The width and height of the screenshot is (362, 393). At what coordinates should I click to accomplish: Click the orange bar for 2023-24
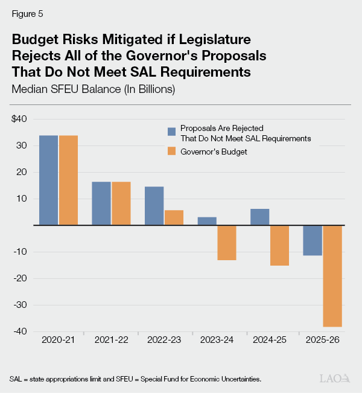coord(226,243)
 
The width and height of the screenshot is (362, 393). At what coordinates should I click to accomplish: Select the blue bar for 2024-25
coord(259,217)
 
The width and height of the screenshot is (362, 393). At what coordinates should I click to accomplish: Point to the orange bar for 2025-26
coord(332,276)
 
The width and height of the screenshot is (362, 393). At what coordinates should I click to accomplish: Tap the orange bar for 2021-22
coord(121,203)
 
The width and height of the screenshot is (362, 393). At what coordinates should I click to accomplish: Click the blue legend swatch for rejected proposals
coord(172,130)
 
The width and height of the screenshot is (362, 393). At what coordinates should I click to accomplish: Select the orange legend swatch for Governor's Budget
coord(172,152)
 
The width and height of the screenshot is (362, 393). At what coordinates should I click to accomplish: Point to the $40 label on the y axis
coord(19,119)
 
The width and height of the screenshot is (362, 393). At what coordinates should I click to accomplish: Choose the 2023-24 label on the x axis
coord(217,341)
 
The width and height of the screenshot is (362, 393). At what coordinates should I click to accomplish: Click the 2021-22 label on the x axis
coord(111,341)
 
